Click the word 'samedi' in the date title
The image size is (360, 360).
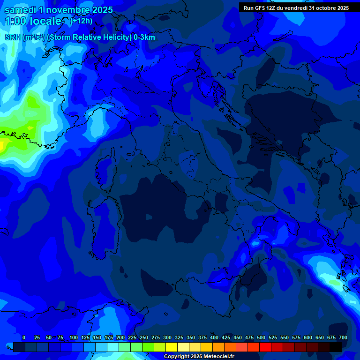(x=19, y=10)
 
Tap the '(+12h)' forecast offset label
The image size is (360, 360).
(x=81, y=21)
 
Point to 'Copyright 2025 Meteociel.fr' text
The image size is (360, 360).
(x=199, y=357)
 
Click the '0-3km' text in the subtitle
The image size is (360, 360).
(x=144, y=37)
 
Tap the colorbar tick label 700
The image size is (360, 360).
(x=343, y=337)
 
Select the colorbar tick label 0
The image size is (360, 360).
(x=24, y=337)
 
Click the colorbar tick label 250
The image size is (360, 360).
(x=143, y=337)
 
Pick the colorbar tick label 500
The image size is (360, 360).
(x=261, y=337)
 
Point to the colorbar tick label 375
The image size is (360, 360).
(x=202, y=337)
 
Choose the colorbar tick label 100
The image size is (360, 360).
(x=73, y=337)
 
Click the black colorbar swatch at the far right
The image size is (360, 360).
(x=336, y=347)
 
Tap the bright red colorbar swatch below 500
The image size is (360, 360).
(x=265, y=347)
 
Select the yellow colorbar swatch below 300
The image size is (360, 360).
(x=172, y=347)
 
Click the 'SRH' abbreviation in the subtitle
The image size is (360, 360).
(x=13, y=37)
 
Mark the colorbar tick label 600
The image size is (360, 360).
(x=307, y=337)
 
